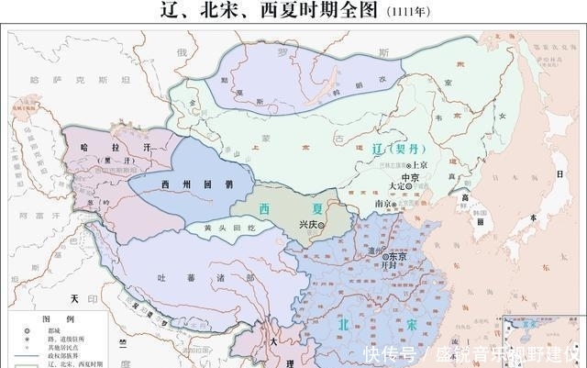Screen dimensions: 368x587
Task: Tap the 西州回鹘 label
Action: (x=187, y=184)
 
